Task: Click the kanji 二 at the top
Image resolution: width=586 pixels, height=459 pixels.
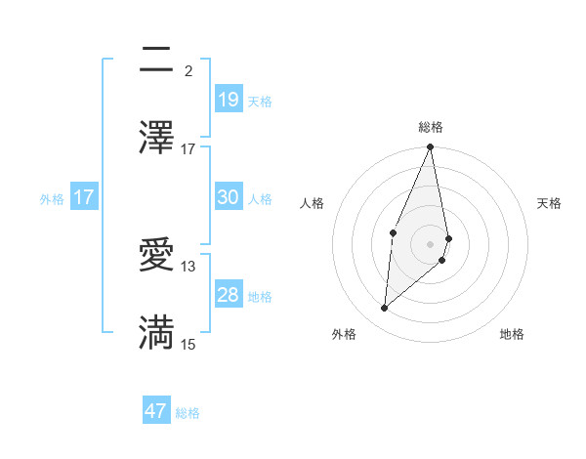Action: pyautogui.click(x=156, y=62)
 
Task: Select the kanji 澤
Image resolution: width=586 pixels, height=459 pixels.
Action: pyautogui.click(x=156, y=139)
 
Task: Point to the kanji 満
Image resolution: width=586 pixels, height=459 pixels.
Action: pyautogui.click(x=156, y=333)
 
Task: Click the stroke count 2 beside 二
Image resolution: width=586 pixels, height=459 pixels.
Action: pyautogui.click(x=188, y=70)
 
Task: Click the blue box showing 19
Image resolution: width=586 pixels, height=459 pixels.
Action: pyautogui.click(x=228, y=99)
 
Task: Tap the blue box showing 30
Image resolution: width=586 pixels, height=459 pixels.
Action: pyautogui.click(x=228, y=197)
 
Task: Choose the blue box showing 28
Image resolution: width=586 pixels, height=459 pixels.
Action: pyautogui.click(x=228, y=295)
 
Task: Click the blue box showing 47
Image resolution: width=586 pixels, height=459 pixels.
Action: pyautogui.click(x=156, y=411)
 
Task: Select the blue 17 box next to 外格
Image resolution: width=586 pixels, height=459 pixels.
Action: pyautogui.click(x=84, y=197)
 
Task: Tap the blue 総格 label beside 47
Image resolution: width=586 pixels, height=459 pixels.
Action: pyautogui.click(x=188, y=413)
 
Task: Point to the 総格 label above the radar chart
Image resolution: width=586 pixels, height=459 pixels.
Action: pyautogui.click(x=431, y=127)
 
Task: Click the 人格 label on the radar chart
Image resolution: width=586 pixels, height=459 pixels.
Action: pyautogui.click(x=313, y=203)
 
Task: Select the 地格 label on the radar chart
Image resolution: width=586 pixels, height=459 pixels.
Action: pyautogui.click(x=512, y=334)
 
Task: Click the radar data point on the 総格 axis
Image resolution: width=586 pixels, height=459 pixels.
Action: pyautogui.click(x=431, y=147)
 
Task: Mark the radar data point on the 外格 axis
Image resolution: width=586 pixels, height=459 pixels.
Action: pyautogui.click(x=385, y=309)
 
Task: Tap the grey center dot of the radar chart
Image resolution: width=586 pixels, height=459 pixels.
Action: pyautogui.click(x=431, y=243)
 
